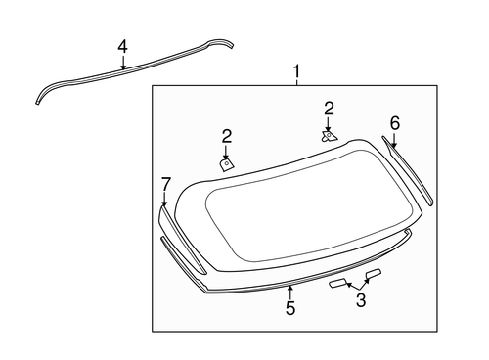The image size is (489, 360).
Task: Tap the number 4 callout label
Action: (x=122, y=46)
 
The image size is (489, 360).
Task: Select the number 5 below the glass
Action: (x=290, y=308)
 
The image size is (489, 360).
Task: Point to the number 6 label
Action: (x=394, y=122)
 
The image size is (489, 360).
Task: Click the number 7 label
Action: (x=165, y=184)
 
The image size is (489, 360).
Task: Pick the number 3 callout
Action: (x=361, y=300)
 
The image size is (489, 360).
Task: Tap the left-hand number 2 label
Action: (x=226, y=136)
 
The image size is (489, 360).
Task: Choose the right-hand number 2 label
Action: (x=330, y=108)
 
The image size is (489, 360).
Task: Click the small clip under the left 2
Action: (x=227, y=164)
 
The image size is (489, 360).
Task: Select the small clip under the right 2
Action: (x=330, y=137)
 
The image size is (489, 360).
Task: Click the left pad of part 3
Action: (x=337, y=283)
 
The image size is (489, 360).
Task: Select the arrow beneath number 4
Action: (x=122, y=63)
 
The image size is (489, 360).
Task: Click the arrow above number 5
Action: (x=290, y=292)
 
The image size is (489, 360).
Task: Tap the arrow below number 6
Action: (x=394, y=140)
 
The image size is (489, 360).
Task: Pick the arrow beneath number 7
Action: (x=165, y=200)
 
